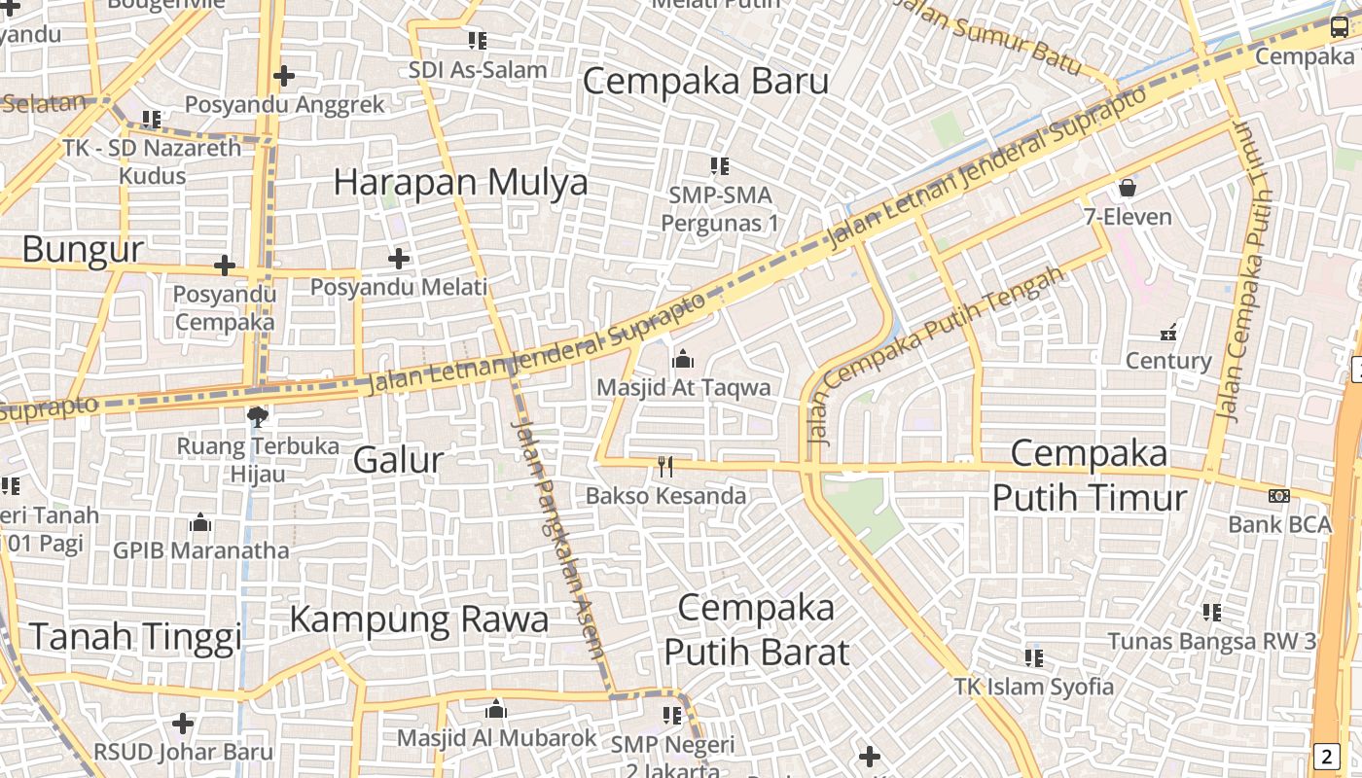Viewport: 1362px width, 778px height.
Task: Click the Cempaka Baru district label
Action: [705, 81]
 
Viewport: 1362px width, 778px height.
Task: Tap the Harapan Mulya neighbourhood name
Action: [460, 182]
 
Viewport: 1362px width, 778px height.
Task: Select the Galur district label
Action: [398, 459]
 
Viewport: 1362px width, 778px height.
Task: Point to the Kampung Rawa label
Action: [418, 619]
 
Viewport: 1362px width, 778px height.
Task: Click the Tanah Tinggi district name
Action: [134, 637]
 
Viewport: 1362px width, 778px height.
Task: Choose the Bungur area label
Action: [83, 250]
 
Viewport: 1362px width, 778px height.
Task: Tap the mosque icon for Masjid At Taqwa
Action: [683, 360]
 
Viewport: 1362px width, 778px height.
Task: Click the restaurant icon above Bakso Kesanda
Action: [665, 467]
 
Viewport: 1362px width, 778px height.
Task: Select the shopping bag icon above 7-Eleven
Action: [1128, 187]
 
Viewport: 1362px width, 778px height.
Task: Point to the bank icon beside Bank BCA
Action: [1279, 496]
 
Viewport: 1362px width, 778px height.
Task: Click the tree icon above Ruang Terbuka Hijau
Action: [258, 417]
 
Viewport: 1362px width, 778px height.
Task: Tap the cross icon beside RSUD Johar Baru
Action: [183, 723]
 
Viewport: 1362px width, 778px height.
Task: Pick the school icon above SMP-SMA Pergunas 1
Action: [720, 166]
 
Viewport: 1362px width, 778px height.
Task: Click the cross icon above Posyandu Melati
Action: [399, 259]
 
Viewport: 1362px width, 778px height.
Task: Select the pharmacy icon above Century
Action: [1168, 332]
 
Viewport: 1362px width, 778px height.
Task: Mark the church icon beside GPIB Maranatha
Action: [200, 523]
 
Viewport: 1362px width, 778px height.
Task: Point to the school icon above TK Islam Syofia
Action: [1033, 658]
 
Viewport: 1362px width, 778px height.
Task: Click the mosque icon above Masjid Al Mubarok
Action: [496, 709]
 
